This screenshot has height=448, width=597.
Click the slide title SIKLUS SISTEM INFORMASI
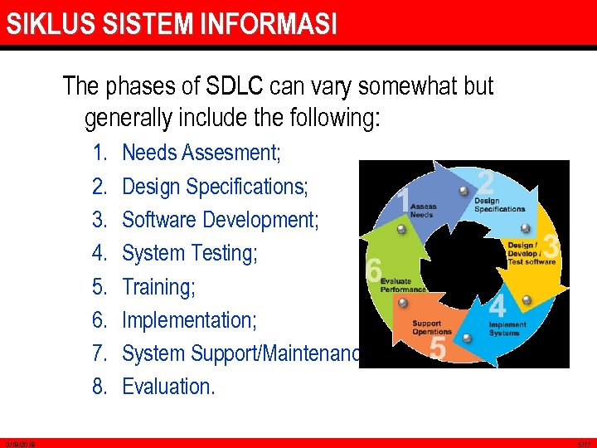point(172,24)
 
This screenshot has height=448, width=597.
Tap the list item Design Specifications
point(215,187)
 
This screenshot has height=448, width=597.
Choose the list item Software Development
point(220,220)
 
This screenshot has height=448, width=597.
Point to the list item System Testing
point(190,253)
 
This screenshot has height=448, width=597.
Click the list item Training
point(158,287)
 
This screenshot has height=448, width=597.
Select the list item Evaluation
point(168,387)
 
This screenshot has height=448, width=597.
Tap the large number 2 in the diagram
point(487,182)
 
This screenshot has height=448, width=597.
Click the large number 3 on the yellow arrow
point(551,246)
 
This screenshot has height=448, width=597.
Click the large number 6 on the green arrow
point(373,270)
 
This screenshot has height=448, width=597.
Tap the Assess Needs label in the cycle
point(423,211)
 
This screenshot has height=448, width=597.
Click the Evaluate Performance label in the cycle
point(403,285)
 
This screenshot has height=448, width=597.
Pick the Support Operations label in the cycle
point(432,327)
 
